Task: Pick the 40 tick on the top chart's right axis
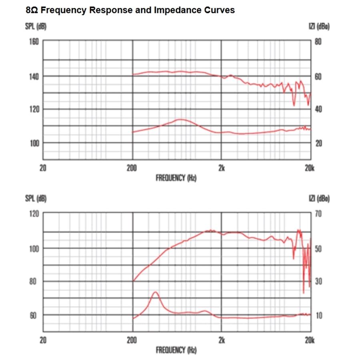tap(318, 109)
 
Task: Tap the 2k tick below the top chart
tap(221, 168)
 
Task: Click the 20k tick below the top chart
tap(310, 168)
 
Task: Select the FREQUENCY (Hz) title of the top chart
tap(176, 178)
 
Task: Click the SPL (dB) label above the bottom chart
tap(35, 198)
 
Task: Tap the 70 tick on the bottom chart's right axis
tap(318, 214)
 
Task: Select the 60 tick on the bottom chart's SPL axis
tap(34, 315)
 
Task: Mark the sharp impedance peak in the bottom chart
tap(155, 292)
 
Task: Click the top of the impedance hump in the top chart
tap(181, 120)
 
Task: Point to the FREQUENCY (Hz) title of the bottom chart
tap(176, 350)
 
